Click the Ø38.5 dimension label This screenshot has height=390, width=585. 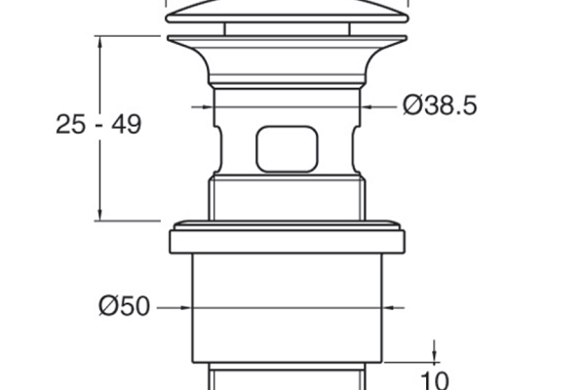click(440, 105)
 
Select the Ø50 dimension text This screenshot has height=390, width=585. click(124, 306)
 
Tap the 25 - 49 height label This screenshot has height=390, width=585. click(98, 124)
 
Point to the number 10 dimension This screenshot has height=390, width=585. click(434, 380)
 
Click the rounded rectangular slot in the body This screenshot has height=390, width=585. click(287, 149)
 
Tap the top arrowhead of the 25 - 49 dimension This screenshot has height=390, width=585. click(99, 42)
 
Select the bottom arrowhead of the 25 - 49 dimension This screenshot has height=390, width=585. click(99, 214)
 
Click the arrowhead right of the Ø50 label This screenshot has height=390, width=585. click(185, 308)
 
